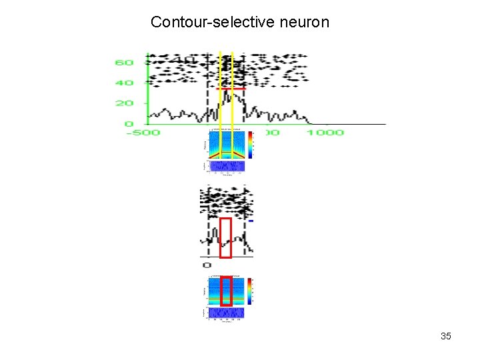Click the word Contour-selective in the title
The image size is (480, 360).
coord(197,22)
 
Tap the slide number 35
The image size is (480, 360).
coord(446,336)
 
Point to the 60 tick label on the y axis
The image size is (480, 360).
coord(124,63)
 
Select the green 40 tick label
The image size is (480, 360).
coord(124,83)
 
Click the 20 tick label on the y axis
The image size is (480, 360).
coord(124,103)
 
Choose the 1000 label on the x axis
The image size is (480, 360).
coord(325,133)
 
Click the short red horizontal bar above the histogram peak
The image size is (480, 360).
coord(231,89)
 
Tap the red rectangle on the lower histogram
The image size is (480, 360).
coord(226,237)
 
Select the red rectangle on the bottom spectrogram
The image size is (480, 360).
coord(226,291)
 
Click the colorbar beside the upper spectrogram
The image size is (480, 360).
coord(250,143)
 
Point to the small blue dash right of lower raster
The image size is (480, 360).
coord(251,221)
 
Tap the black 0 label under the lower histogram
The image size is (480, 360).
coord(206,265)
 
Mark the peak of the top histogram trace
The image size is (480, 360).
coord(227,92)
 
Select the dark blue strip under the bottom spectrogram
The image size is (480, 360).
coord(225,312)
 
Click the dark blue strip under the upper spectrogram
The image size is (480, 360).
coord(225,166)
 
